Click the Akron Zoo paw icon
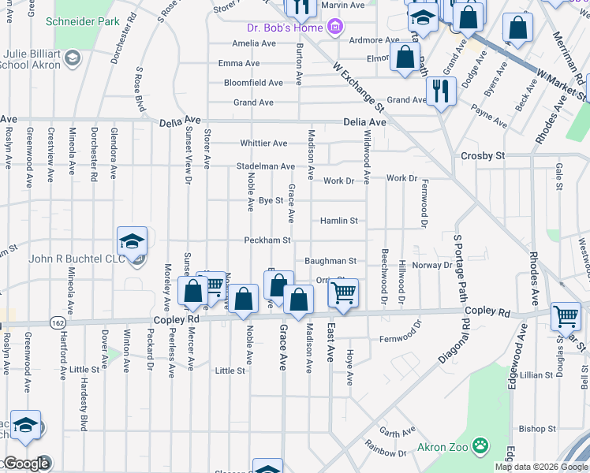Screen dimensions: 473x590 click(480, 447)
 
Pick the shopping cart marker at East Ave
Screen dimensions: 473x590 click(343, 292)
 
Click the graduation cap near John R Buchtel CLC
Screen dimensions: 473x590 click(133, 241)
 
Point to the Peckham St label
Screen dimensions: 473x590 click(267, 240)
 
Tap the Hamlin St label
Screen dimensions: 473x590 click(340, 221)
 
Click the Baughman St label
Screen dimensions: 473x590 click(330, 260)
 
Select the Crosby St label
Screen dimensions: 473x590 click(483, 156)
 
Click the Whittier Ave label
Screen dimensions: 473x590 click(263, 143)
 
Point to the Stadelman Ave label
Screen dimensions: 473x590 click(265, 166)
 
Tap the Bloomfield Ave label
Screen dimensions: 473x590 click(253, 82)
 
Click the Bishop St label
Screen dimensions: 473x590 click(538, 429)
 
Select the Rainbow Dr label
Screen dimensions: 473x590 click(386, 452)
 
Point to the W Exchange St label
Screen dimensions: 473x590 click(357, 88)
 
